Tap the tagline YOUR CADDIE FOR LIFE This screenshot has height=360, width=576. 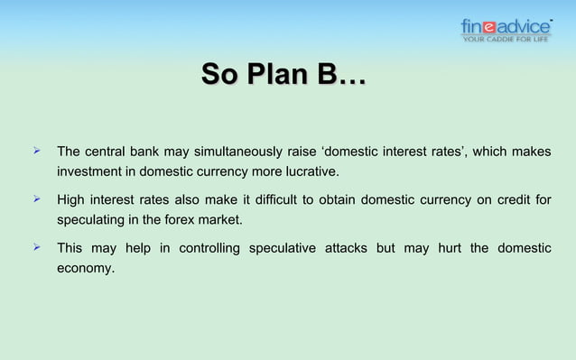pyautogui.click(x=506, y=39)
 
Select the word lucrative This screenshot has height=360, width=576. pyautogui.click(x=310, y=171)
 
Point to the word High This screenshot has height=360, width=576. pyautogui.click(x=73, y=199)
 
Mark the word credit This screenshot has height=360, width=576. pyautogui.click(x=509, y=199)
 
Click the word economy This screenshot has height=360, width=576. pyautogui.click(x=86, y=268)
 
